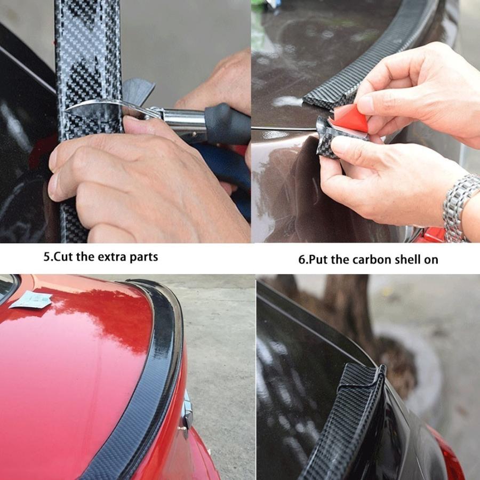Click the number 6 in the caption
(301, 260)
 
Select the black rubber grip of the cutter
(227, 124)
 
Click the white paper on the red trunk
(30, 300)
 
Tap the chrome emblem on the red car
(187, 410)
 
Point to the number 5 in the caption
(46, 257)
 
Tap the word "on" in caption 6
(431, 260)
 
